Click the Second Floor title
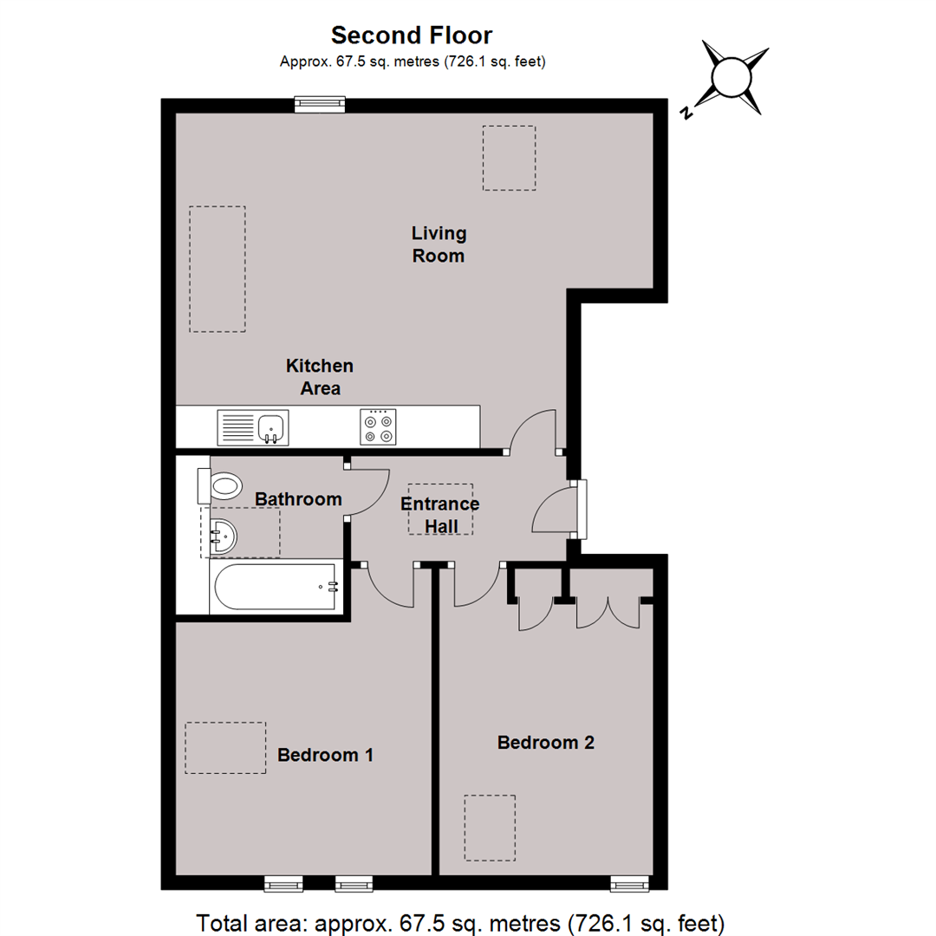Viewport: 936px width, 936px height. (412, 36)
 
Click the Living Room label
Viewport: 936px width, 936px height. (438, 244)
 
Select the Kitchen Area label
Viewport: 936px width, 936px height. (320, 377)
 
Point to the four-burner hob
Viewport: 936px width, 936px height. (378, 426)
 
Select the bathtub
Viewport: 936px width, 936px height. (273, 588)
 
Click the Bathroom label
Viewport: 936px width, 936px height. (298, 500)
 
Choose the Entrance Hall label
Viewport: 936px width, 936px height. (440, 515)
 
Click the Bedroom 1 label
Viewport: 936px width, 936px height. (325, 755)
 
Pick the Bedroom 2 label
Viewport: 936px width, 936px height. (545, 743)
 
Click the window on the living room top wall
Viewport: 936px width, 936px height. (320, 104)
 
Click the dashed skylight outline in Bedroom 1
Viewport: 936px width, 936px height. (225, 747)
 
